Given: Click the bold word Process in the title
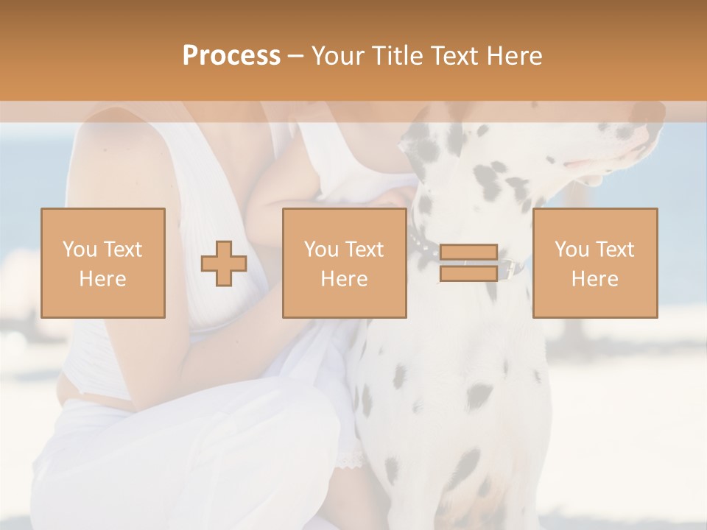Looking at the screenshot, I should coord(231,56).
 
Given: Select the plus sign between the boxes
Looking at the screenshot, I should coord(224,264).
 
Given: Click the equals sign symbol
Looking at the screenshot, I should coord(468,263).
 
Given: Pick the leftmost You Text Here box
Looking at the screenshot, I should coord(103,263).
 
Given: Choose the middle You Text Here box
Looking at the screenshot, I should coord(345,263).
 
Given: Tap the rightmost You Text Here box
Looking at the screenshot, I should coord(595,263).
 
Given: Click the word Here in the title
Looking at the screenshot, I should coord(515,56).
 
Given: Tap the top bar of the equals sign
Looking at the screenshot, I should coord(468,252).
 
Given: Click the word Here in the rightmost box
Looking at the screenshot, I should coord(595,278).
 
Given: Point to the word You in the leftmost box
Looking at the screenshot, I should coord(79,249).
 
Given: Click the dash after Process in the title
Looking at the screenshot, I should coord(296,56).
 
